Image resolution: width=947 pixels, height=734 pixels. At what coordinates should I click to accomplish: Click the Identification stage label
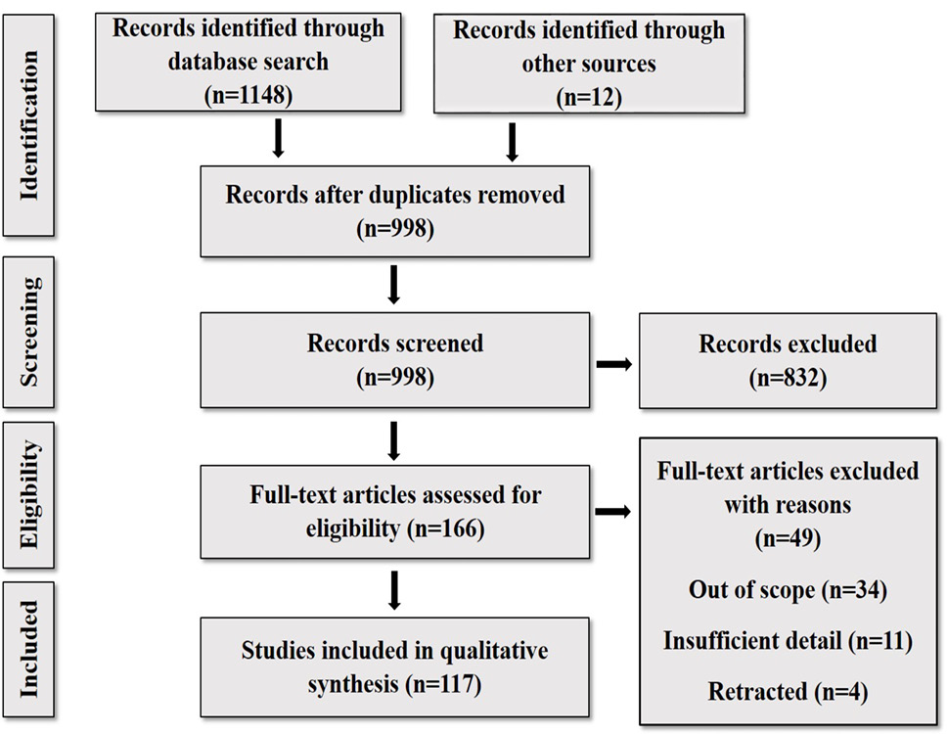[x=29, y=125]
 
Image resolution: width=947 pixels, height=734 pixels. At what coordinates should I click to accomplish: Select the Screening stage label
[x=29, y=332]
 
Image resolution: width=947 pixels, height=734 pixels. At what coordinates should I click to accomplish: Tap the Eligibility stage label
[x=29, y=495]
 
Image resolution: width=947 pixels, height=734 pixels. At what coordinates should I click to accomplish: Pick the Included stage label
[x=29, y=649]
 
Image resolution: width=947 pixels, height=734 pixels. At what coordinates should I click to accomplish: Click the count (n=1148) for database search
[x=248, y=95]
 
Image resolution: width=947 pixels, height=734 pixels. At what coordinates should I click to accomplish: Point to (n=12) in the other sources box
[x=589, y=97]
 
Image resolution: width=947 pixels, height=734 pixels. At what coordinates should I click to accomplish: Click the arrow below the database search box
[x=278, y=138]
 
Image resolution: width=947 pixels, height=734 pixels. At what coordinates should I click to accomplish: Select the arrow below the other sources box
[x=512, y=143]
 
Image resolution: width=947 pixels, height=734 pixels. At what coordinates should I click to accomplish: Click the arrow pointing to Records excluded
[x=614, y=364]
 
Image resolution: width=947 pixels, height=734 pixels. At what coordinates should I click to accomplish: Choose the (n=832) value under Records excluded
[x=788, y=378]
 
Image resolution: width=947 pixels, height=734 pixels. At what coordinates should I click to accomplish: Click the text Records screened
[x=395, y=344]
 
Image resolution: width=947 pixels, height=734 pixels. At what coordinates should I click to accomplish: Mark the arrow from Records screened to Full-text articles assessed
[x=394, y=441]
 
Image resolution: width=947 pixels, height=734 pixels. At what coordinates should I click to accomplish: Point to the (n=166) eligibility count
[x=446, y=528]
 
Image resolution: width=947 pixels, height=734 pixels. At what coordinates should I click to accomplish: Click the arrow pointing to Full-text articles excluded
[x=613, y=512]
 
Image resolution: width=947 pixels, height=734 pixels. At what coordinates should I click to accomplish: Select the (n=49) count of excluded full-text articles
[x=788, y=537]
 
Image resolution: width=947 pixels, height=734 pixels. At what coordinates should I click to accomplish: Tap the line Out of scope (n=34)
[x=788, y=589]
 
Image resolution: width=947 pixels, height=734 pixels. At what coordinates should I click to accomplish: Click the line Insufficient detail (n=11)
[x=788, y=640]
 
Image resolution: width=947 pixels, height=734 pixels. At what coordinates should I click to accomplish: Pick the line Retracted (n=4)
[x=788, y=691]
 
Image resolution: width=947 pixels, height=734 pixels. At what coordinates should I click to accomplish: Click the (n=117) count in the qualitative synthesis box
[x=444, y=684]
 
